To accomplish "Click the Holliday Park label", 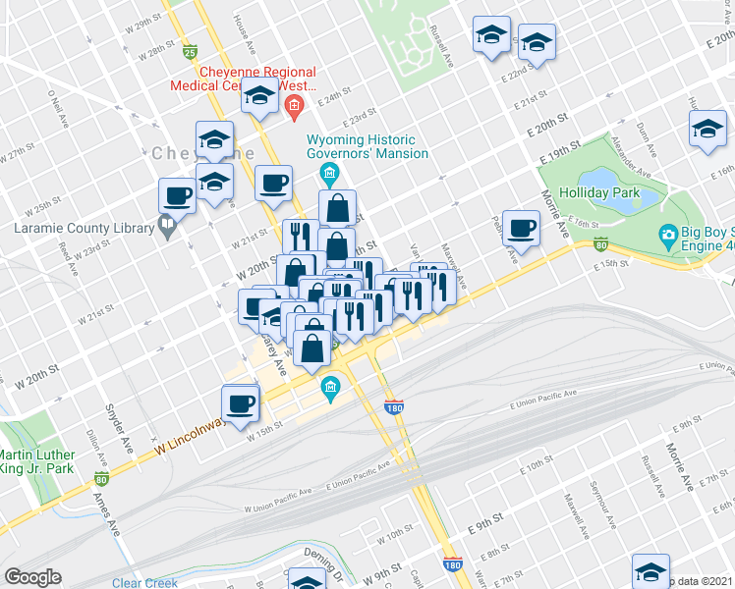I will point(599,192).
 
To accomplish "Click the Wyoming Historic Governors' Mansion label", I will point(368,146).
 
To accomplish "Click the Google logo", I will point(32,577).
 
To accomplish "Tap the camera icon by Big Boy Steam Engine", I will point(668,234).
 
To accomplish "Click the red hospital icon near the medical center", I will point(292,104).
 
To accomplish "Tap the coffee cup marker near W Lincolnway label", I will point(241,402).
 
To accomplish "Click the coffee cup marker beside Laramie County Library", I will point(177,194).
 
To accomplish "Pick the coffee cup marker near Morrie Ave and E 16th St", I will point(521,228).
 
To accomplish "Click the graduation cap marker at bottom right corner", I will point(650,571).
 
